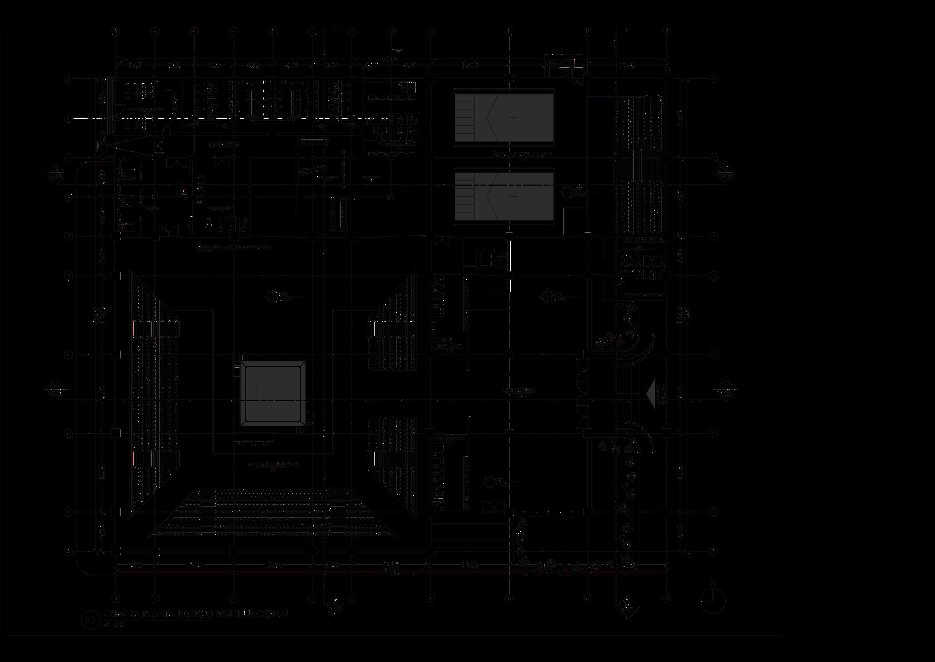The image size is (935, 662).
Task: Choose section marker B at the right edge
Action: (726, 173)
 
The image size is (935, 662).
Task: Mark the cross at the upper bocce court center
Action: (514, 118)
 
